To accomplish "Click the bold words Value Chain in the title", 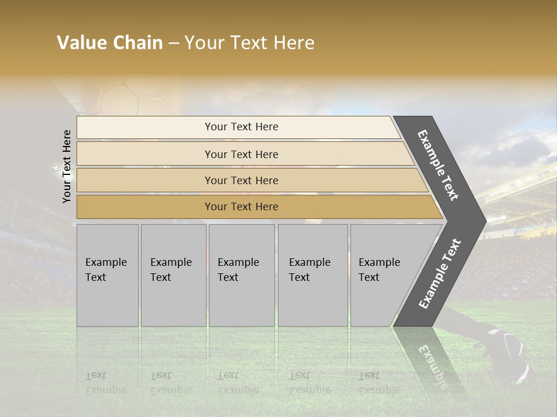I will pyautogui.click(x=110, y=43).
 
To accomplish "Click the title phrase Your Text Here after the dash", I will pyautogui.click(x=249, y=43).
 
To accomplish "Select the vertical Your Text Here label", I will pyautogui.click(x=67, y=166).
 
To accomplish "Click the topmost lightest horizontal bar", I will pyautogui.click(x=241, y=127).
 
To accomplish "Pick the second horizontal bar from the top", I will pyautogui.click(x=241, y=154).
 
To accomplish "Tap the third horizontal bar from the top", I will pyautogui.click(x=241, y=180).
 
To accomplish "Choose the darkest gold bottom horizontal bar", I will pyautogui.click(x=241, y=207).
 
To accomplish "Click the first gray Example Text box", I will pyautogui.click(x=107, y=275).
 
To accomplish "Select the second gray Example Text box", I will pyautogui.click(x=173, y=275).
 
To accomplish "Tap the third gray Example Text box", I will pyautogui.click(x=241, y=275).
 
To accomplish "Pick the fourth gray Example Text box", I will pyautogui.click(x=312, y=275).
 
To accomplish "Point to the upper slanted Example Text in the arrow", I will pyautogui.click(x=439, y=165).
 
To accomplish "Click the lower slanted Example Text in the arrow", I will pyautogui.click(x=440, y=273).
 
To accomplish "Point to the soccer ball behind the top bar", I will pyautogui.click(x=136, y=98).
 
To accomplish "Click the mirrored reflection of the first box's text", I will pyautogui.click(x=106, y=383).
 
